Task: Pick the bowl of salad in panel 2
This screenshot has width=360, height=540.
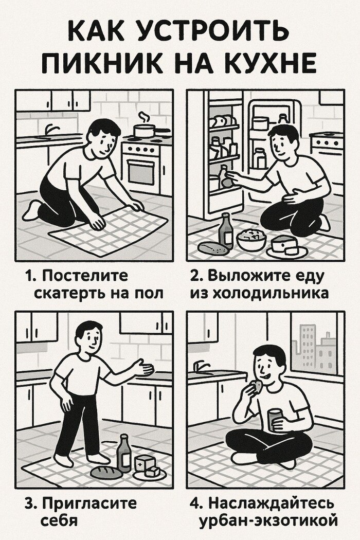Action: pyautogui.click(x=251, y=239)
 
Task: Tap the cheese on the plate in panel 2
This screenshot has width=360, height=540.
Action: pyautogui.click(x=284, y=245)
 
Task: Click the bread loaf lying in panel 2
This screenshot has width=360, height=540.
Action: pyautogui.click(x=213, y=248)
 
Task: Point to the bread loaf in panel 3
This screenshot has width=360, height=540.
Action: pyautogui.click(x=106, y=472)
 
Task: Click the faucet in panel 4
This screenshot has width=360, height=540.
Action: pyautogui.click(x=200, y=366)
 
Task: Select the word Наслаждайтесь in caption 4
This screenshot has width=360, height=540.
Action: pyautogui.click(x=272, y=503)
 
